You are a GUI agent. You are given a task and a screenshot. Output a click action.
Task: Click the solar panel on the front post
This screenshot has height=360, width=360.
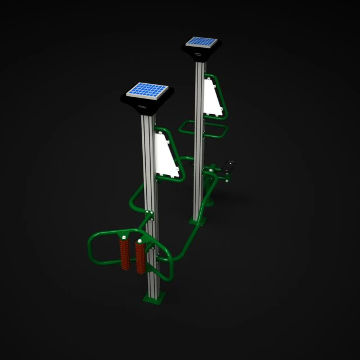(x=147, y=90)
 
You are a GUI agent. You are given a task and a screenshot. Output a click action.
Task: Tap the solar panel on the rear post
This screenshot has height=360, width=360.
(x=201, y=42)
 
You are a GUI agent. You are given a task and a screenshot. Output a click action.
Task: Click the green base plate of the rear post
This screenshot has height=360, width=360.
(x=197, y=221)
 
